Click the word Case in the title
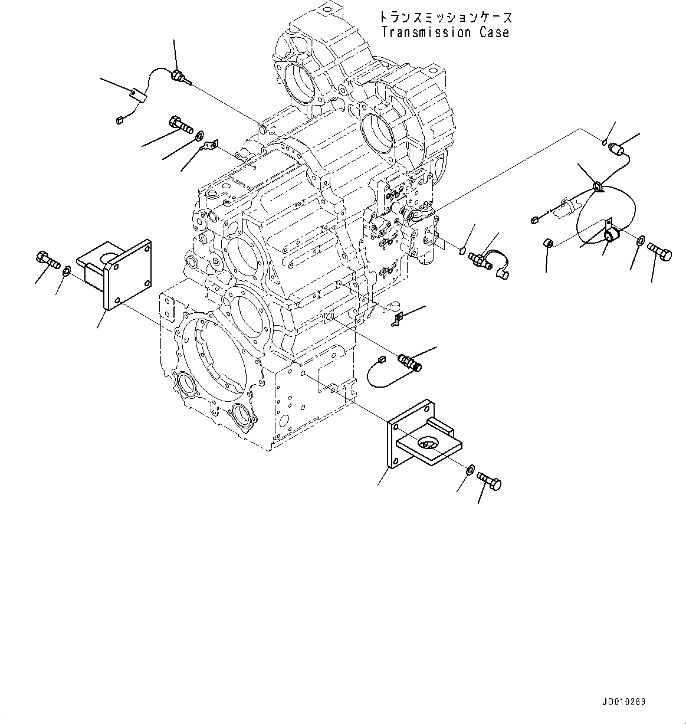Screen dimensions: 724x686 (494, 32)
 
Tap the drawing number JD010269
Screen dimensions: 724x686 (623, 702)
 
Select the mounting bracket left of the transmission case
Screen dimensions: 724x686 (113, 271)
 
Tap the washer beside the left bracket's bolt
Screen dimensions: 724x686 (67, 271)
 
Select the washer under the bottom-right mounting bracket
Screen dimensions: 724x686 (471, 470)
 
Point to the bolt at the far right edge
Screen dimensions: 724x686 (659, 251)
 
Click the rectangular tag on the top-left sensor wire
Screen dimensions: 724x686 (139, 94)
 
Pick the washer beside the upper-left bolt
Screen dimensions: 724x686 (199, 137)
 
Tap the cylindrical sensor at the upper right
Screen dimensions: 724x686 (619, 150)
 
